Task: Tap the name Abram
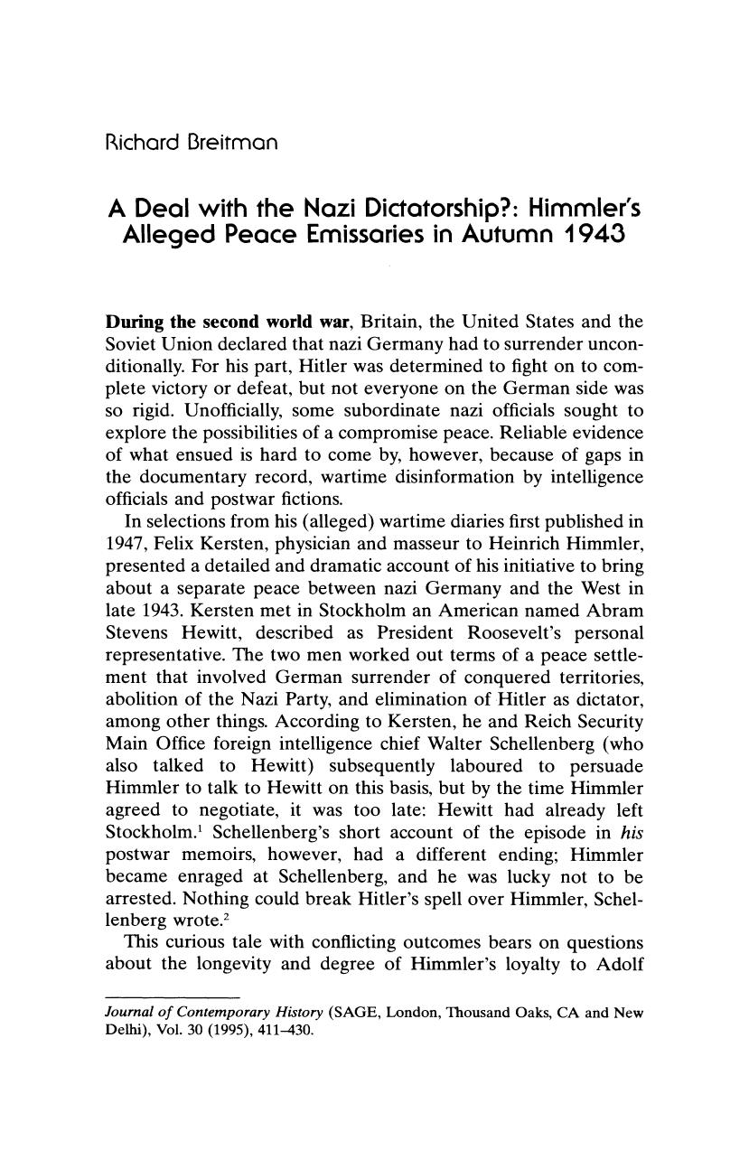pos(616,610)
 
